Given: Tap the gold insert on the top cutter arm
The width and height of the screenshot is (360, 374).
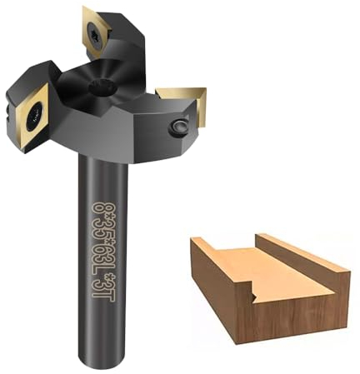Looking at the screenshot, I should pos(93,30).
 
